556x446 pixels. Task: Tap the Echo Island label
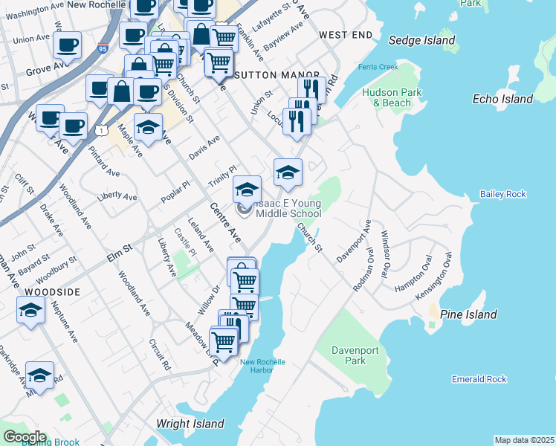[x=502, y=99]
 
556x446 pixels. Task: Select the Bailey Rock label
[x=502, y=194]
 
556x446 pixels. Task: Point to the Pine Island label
[x=468, y=314]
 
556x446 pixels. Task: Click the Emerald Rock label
[x=479, y=379]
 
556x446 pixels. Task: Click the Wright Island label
[x=190, y=424]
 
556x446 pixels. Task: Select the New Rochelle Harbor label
[x=262, y=367]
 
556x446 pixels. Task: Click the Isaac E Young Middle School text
[x=288, y=208]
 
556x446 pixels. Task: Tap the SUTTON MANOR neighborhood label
[x=277, y=75]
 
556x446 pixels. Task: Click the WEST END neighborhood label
[x=345, y=35]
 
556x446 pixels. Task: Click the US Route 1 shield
[x=99, y=129]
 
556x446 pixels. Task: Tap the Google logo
[x=24, y=437]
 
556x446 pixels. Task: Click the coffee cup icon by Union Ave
[x=67, y=44]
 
